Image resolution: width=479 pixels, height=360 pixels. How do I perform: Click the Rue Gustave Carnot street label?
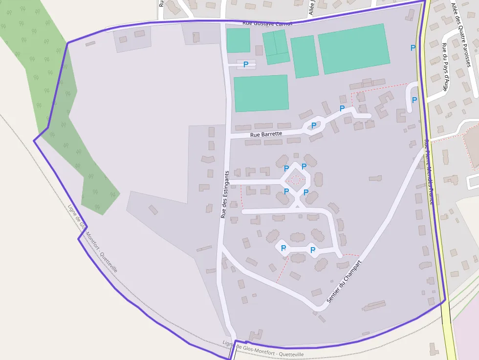(x=267, y=23)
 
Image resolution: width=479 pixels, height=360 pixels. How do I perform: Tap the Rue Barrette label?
(x=266, y=134)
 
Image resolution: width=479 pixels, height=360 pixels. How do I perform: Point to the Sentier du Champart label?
(x=344, y=281)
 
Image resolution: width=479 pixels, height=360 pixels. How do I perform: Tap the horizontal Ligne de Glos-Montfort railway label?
(x=263, y=349)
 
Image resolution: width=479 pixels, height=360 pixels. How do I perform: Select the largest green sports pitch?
(x=354, y=49)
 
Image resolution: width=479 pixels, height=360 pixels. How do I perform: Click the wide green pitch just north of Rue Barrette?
(x=261, y=93)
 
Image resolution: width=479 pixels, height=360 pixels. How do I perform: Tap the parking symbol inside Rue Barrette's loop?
(x=314, y=125)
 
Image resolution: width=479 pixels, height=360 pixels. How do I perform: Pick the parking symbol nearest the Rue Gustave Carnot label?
(x=246, y=64)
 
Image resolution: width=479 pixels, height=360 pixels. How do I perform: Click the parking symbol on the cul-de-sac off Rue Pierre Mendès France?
(x=414, y=100)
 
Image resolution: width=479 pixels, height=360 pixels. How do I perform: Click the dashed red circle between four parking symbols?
(x=295, y=180)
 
